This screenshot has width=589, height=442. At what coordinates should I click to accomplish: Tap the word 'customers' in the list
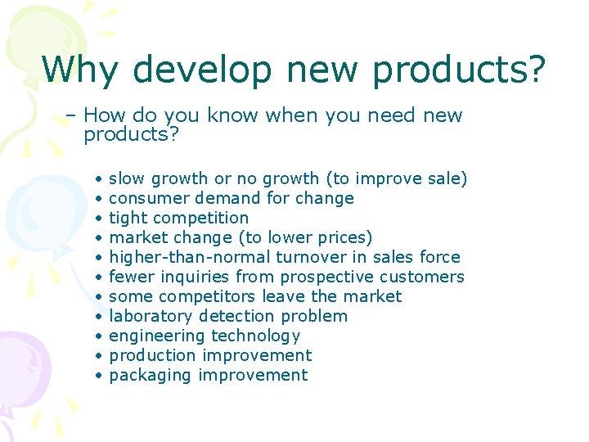[x=423, y=277]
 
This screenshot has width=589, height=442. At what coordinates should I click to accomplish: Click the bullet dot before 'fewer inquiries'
[x=97, y=277]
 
